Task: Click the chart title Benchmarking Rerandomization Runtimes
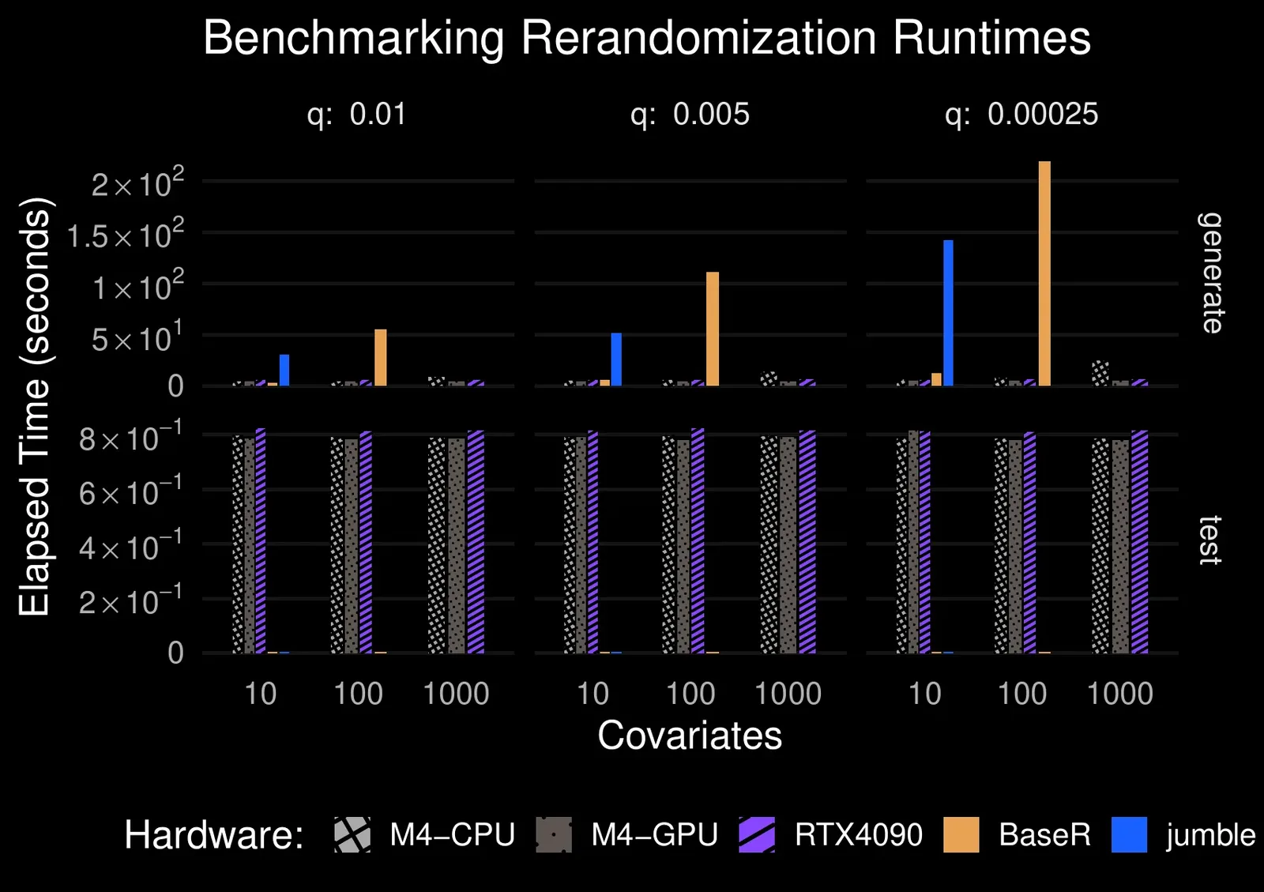(646, 38)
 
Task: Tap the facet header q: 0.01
(356, 115)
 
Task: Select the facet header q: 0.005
(690, 115)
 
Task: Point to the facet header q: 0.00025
(1021, 115)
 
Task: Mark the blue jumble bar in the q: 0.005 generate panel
(616, 359)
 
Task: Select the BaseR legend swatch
(961, 835)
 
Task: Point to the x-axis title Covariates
(690, 736)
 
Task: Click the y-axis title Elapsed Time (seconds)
(35, 407)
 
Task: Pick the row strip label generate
(1210, 273)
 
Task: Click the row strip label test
(1210, 540)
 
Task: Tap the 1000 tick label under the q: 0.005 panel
(788, 694)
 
